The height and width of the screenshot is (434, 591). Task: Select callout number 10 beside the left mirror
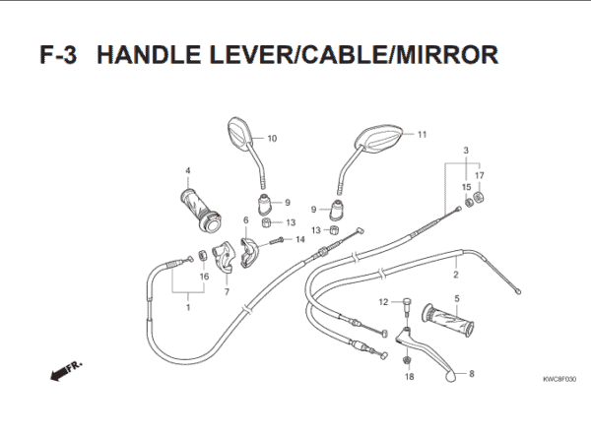coord(272,139)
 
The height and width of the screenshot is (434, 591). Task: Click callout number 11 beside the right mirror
coord(422,135)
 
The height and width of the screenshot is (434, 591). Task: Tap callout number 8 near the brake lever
coord(471,374)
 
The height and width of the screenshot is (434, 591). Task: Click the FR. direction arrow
coord(66,371)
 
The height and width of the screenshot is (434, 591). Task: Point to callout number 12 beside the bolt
coord(384,301)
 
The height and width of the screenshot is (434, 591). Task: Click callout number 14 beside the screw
coord(299,239)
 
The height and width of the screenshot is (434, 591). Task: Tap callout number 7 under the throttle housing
coord(227,292)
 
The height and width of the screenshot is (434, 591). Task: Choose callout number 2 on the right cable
coord(456,263)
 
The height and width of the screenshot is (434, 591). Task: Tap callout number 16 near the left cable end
coord(204,277)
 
